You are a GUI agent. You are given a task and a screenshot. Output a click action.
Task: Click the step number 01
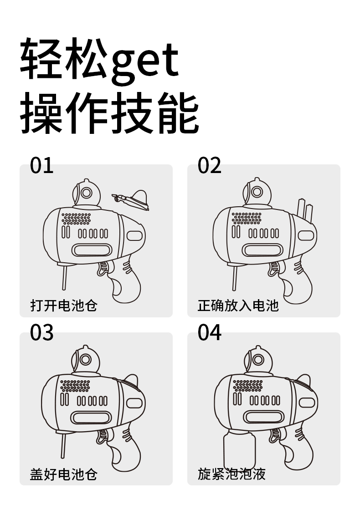41,165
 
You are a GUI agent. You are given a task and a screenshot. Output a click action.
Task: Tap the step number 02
209,165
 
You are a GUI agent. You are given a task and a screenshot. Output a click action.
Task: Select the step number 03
41,333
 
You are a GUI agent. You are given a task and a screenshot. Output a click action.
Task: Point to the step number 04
209,333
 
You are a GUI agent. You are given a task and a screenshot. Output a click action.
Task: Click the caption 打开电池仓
64,305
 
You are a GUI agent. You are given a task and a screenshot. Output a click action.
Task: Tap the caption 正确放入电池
238,305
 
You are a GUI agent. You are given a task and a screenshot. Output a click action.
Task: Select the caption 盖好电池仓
64,474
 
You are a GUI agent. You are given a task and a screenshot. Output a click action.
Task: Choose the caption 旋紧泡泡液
231,474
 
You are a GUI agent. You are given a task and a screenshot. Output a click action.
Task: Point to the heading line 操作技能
109,113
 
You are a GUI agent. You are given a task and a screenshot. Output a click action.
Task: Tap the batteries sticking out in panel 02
305,209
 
